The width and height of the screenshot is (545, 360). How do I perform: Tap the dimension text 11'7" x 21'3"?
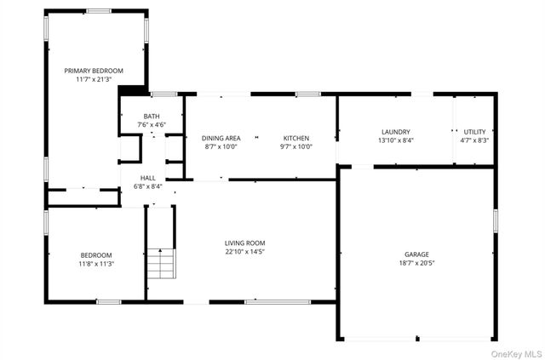coord(94,79)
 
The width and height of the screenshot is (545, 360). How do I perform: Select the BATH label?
coord(151,117)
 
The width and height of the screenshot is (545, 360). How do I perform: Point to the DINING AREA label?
coord(221,138)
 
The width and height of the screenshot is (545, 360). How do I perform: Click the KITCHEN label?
coord(295,138)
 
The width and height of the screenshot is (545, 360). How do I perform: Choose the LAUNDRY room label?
coord(395,132)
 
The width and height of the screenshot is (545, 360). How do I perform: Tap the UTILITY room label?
coord(474,132)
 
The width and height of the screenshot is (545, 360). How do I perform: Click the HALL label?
coord(148,178)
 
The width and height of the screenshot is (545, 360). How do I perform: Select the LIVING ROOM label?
coord(245,243)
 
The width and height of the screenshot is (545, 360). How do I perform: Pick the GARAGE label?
coord(416,254)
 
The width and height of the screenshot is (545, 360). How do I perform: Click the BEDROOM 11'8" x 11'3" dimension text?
coord(96,264)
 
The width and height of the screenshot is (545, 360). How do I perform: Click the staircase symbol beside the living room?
coord(159,264)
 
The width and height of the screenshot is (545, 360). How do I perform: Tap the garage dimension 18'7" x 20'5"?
coord(416,264)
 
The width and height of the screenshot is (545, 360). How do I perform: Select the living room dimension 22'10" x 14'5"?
coord(245,251)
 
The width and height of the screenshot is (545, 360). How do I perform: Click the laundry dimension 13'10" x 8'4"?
coord(395,140)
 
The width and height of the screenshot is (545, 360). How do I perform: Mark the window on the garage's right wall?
coord(495,220)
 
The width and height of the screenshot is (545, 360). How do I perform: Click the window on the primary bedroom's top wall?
coord(98,11)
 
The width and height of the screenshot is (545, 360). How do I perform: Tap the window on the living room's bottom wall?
coord(266,301)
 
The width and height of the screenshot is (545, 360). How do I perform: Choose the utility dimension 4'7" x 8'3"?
coord(474,140)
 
